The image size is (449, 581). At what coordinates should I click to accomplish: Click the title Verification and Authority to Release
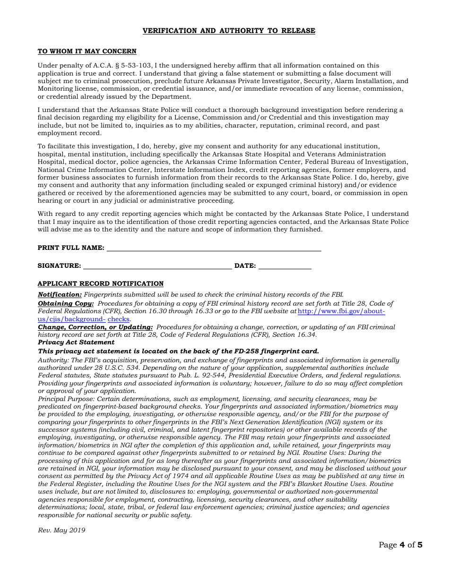click(x=229, y=31)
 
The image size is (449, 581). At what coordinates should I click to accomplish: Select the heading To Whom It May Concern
click(x=87, y=51)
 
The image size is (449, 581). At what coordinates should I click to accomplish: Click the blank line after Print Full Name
click(x=214, y=248)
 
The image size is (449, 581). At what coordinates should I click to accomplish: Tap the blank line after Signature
click(x=157, y=265)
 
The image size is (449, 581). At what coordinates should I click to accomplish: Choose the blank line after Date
click(x=285, y=265)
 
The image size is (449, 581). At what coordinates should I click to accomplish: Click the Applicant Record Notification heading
click(x=101, y=283)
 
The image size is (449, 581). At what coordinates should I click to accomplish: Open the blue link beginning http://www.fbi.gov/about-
click(x=342, y=311)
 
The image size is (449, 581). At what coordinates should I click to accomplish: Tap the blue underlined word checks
click(x=118, y=319)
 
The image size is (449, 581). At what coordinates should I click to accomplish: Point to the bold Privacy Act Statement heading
click(x=76, y=342)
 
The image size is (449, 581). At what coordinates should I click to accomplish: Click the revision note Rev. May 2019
click(x=61, y=530)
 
